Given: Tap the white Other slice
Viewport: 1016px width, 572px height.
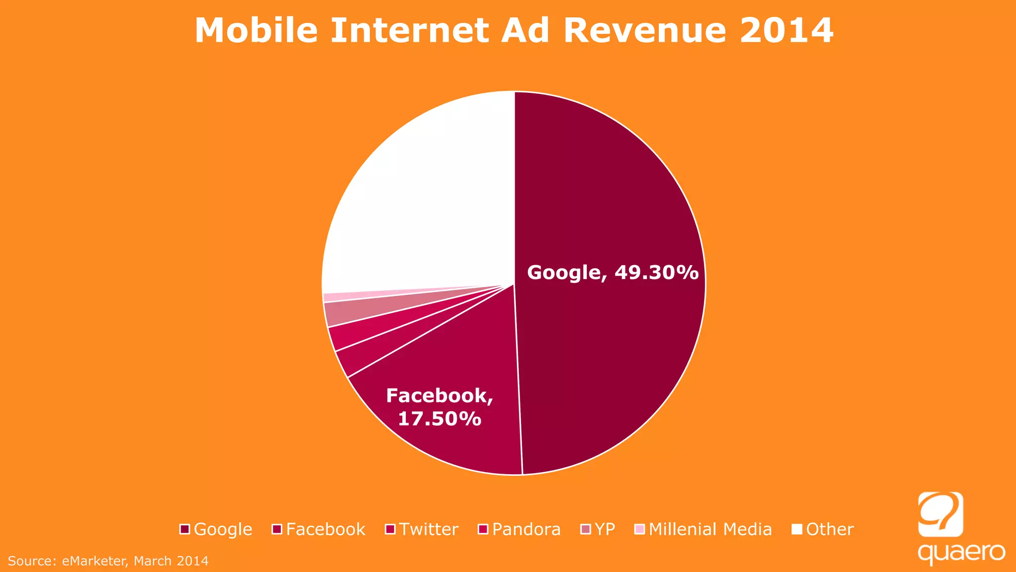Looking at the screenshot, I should click(x=422, y=199).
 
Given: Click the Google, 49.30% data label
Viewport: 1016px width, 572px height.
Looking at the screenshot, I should click(x=613, y=273).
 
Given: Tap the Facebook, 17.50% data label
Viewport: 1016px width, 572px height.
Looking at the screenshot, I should click(x=440, y=407).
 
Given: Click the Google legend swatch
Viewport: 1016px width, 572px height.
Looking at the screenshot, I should click(x=185, y=529).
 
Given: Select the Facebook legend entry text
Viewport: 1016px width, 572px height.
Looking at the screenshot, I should click(x=325, y=529).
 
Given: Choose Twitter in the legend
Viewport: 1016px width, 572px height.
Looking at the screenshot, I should click(x=429, y=529).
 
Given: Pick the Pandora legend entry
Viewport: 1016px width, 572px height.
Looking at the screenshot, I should click(x=526, y=529).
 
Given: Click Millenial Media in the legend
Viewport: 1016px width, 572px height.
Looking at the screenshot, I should click(x=710, y=529).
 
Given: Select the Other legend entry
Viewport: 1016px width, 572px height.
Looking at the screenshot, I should click(x=829, y=529).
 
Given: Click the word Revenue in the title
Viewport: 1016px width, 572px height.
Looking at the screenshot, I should click(x=645, y=31).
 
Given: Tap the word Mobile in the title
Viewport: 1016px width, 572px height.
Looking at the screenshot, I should click(x=256, y=31).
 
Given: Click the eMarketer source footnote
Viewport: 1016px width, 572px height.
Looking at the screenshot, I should click(x=108, y=561).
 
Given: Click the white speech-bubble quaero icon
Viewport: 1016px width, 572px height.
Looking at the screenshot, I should click(x=941, y=514).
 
